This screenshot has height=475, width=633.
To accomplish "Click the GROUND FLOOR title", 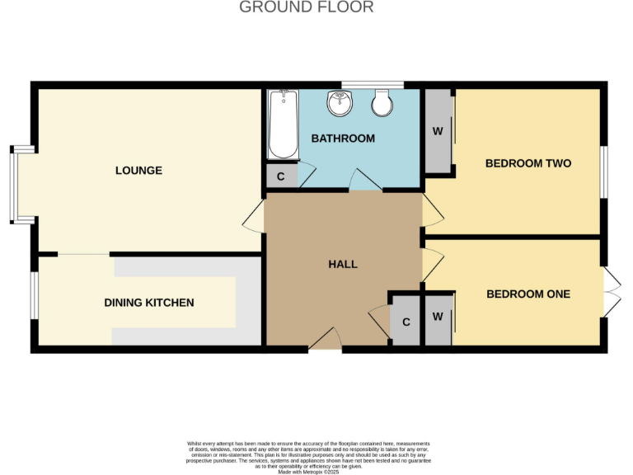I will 307,7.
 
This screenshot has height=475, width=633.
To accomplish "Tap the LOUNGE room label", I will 138,171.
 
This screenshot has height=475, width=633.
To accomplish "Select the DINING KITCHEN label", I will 149,303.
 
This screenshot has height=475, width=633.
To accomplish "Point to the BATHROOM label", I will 343,139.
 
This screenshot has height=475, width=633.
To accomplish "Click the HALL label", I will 343,264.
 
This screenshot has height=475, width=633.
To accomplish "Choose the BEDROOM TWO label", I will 528,163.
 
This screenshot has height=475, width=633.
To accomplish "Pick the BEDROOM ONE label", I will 528,294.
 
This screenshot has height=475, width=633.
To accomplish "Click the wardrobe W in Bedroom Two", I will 438,131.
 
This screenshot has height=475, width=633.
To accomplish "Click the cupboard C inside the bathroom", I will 280,176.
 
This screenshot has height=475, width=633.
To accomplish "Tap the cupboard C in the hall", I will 406,320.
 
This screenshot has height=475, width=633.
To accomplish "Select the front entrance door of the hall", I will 326,338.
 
